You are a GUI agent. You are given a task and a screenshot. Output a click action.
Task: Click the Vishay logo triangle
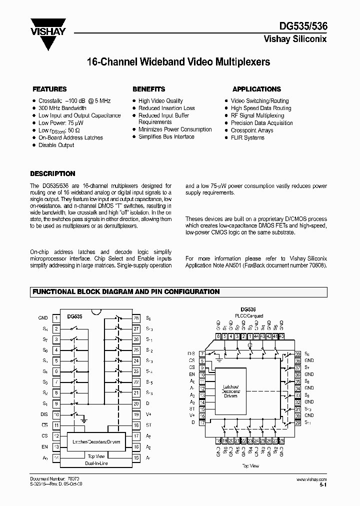point(48,36)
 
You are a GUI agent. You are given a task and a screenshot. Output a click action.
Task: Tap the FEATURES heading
point(49,89)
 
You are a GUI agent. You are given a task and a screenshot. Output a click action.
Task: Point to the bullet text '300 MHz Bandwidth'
point(62,108)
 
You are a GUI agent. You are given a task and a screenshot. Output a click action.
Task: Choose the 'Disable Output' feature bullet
point(56,145)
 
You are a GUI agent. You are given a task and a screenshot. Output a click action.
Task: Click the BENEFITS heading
point(148,89)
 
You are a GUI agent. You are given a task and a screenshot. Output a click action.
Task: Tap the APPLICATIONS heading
point(256,89)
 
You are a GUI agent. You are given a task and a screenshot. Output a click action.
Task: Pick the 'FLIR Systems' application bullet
point(247,137)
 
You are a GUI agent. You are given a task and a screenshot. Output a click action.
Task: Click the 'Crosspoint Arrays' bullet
point(252,130)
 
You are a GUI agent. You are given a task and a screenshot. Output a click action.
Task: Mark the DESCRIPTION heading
point(52,174)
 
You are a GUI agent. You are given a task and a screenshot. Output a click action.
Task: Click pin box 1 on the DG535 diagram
point(56,318)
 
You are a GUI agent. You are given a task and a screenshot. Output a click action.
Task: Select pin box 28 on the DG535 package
point(135,318)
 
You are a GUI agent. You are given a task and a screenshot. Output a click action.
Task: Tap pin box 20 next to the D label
point(135,404)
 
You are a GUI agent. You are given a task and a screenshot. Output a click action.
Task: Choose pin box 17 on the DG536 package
point(202,422)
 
